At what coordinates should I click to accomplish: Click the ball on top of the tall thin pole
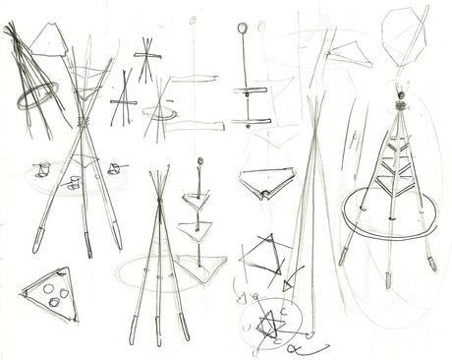[x=241, y=29]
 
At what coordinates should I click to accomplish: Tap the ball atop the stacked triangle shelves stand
[x=199, y=160]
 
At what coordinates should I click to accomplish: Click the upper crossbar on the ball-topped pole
[x=251, y=91]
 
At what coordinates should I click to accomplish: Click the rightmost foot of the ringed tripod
[x=430, y=263]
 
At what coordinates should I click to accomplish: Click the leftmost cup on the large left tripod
[x=42, y=169]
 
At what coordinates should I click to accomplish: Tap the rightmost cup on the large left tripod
[x=117, y=169]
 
